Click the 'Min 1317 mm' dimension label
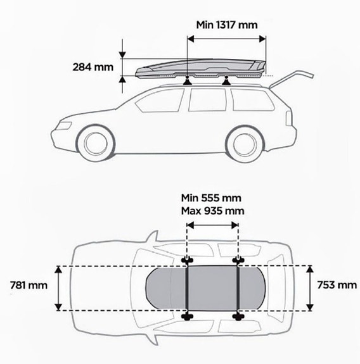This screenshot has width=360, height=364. tap(227, 25)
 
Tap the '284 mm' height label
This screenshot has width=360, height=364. tap(93, 67)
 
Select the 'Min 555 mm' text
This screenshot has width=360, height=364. tap(211, 198)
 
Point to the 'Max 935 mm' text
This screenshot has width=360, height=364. tap(213, 211)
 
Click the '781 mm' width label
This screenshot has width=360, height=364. tap(29, 286)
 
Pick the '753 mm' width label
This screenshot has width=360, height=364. tap(337, 285)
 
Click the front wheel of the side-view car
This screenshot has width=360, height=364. tap(96, 143)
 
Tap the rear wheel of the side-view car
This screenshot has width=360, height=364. tap(246, 144)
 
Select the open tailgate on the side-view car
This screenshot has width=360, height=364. tap(292, 78)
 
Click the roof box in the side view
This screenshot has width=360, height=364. tap(200, 68)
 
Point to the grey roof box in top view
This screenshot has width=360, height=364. tap(205, 288)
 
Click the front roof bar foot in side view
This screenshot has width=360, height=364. tap(188, 81)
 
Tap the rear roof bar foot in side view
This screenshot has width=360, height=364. tap(226, 81)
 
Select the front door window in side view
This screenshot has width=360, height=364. tap(160, 101)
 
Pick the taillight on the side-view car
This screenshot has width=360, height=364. tap(289, 118)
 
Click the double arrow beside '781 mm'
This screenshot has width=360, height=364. tap(58, 288)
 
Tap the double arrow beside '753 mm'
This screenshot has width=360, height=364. tap(309, 288)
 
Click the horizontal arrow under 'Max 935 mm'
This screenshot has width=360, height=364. tap(212, 225)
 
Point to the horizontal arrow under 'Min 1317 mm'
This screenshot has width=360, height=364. tap(227, 39)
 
